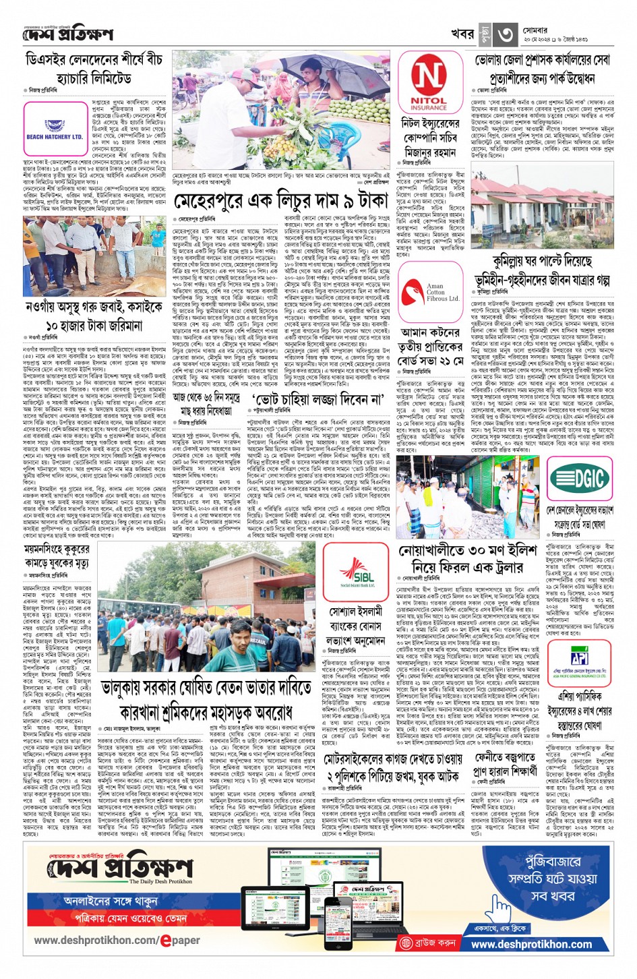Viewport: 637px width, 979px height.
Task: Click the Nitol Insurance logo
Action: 429,84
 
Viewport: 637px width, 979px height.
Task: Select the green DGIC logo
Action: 580,478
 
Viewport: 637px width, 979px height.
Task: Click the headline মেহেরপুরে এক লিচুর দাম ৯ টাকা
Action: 281,201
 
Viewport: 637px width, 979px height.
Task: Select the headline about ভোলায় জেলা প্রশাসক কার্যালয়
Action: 542,69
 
